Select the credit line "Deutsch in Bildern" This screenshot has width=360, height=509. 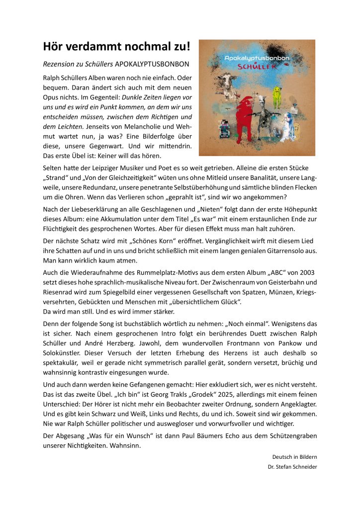click(294, 457)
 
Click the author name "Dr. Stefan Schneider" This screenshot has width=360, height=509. click(292, 467)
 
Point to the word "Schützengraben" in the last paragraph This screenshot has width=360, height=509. click(291, 435)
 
